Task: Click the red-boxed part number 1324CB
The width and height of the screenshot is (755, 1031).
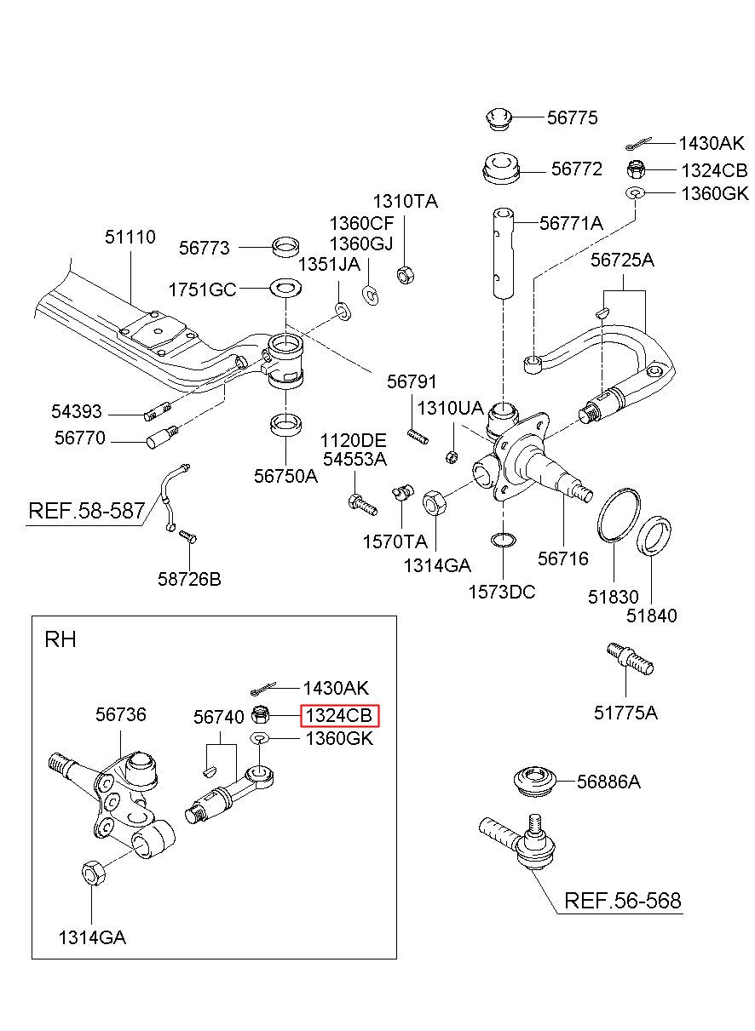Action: [338, 715]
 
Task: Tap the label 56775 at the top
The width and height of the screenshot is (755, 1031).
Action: [572, 117]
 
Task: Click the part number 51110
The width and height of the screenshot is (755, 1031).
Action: [130, 237]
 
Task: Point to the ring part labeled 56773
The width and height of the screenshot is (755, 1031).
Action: [285, 247]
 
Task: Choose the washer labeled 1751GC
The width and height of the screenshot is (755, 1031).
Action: [285, 288]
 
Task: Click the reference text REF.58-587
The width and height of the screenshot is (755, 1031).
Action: [87, 511]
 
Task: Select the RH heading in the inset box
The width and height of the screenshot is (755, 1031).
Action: [61, 639]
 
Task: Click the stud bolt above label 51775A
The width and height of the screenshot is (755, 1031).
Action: [629, 659]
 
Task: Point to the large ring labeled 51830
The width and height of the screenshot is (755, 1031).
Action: [618, 516]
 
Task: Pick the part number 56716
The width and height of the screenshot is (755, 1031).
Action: [563, 558]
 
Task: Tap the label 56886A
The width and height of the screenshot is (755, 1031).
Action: [608, 782]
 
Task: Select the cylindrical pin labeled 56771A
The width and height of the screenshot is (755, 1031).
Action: [503, 254]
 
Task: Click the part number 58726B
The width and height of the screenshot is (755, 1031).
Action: [189, 579]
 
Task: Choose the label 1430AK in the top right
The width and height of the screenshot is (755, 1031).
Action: [712, 144]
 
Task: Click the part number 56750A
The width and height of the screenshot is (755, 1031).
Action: [285, 476]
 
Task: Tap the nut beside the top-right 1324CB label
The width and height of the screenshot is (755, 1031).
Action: [635, 169]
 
